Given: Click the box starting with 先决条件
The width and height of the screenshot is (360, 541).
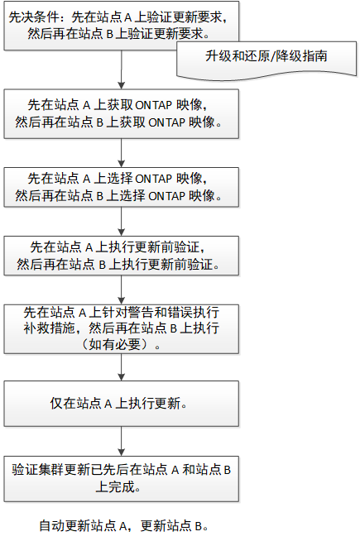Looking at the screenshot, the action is click(x=121, y=26).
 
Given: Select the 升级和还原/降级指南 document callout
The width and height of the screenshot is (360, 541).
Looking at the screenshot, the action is click(x=266, y=60).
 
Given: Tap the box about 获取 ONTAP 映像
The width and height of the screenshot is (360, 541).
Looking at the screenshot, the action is click(x=121, y=114).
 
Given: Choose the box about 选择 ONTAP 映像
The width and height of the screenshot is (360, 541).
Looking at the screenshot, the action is click(x=121, y=187).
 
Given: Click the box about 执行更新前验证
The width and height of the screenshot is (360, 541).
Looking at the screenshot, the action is click(x=121, y=256).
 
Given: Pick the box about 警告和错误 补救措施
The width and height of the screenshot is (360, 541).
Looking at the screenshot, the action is click(x=121, y=328).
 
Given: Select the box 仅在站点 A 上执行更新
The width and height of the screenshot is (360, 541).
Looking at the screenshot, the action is click(x=121, y=404).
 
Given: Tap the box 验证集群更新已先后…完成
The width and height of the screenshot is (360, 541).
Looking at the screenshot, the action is click(x=121, y=479).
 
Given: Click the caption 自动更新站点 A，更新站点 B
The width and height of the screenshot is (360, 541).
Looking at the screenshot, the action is click(x=123, y=526).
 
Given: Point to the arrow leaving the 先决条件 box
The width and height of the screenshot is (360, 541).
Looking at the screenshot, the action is click(x=121, y=69).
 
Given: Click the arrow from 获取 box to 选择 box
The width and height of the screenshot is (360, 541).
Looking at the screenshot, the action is click(x=121, y=153).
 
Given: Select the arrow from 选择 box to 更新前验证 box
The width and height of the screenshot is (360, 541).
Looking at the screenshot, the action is click(x=121, y=222).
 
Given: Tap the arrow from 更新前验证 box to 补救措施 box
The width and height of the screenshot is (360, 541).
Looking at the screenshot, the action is click(x=121, y=290).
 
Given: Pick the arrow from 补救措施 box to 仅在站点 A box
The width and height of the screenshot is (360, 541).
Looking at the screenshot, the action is click(x=121, y=367).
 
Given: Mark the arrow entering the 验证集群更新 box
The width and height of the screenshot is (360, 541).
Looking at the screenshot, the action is click(x=121, y=441).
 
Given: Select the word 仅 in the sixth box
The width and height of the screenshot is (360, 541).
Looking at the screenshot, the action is click(x=56, y=404).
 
